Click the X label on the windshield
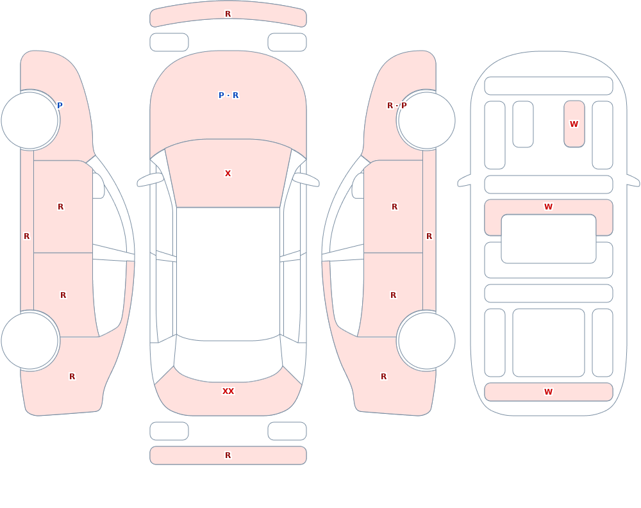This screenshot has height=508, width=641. (228, 174)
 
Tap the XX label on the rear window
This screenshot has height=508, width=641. (228, 391)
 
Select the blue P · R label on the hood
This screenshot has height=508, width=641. (228, 95)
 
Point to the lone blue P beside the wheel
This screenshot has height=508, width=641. (60, 106)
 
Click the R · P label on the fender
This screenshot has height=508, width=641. (397, 106)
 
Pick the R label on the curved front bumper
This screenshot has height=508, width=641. (228, 14)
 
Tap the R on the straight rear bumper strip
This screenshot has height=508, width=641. (228, 455)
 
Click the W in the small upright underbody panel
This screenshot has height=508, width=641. (574, 124)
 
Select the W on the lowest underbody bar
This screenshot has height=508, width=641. (548, 392)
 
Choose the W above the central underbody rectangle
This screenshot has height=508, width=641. (548, 207)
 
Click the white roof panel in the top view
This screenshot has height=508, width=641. (228, 274)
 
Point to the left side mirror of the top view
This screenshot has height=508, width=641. (149, 180)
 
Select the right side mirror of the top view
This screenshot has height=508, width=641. (306, 180)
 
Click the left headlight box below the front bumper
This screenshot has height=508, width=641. (169, 42)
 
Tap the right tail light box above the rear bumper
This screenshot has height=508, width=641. (287, 431)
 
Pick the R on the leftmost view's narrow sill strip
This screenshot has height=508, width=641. (26, 236)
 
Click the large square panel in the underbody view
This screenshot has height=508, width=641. (548, 343)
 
